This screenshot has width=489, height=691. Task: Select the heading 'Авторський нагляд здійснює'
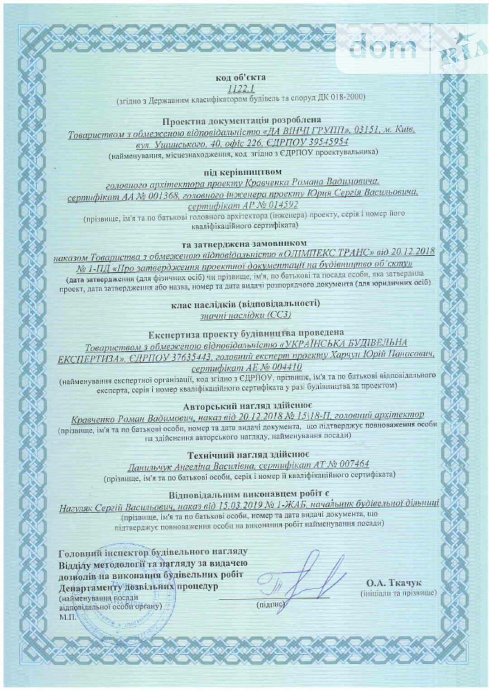pos(247,405)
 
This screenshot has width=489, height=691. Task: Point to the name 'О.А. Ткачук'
pos(394,583)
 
